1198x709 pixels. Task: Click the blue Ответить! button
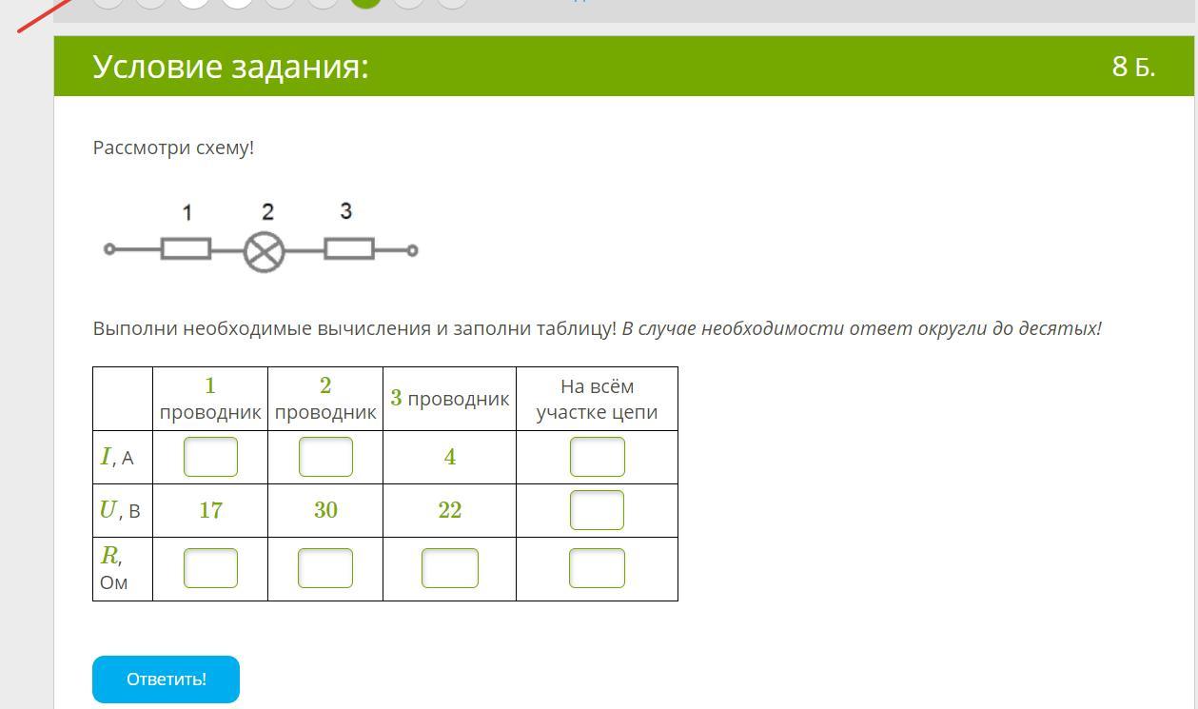point(166,679)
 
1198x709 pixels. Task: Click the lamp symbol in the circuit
point(265,252)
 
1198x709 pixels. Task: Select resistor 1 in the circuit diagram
point(186,249)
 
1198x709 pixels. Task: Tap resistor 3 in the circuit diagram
point(349,249)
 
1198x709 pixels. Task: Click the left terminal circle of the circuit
point(109,249)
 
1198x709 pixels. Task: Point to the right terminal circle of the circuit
point(412,250)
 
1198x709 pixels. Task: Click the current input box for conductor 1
point(210,457)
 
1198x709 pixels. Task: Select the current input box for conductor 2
point(325,457)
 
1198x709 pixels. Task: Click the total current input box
point(597,457)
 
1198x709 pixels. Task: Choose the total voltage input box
point(597,510)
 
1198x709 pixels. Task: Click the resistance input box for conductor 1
point(210,568)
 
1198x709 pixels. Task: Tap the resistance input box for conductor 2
point(325,568)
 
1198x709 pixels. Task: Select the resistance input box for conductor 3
point(449,568)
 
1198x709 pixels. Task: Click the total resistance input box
point(597,568)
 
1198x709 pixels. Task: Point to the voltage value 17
point(210,510)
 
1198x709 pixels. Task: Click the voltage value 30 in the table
point(325,510)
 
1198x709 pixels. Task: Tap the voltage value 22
point(449,510)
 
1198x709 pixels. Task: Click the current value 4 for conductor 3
point(449,457)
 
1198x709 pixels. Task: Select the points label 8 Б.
point(1132,67)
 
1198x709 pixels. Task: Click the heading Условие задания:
point(230,67)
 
